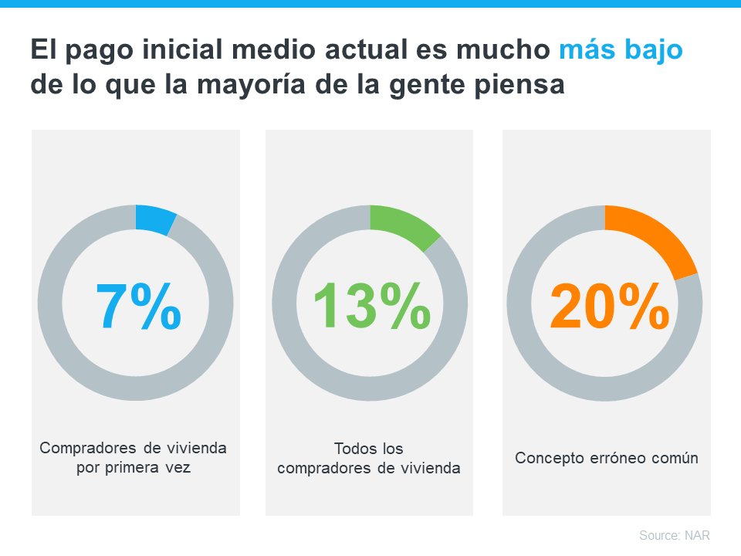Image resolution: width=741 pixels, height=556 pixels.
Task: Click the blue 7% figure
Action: pyautogui.click(x=138, y=306)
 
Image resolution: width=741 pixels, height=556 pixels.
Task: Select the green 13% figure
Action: pyautogui.click(x=371, y=306)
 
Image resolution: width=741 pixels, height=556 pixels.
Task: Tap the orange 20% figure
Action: pyautogui.click(x=609, y=306)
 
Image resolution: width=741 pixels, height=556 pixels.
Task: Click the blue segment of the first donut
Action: pyautogui.click(x=154, y=219)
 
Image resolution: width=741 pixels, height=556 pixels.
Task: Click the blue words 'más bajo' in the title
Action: pyautogui.click(x=621, y=50)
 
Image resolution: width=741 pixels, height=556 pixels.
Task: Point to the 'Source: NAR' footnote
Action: pyautogui.click(x=674, y=535)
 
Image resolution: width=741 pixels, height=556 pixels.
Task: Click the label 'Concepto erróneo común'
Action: pyautogui.click(x=606, y=458)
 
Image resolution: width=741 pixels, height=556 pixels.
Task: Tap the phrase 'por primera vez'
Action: pyautogui.click(x=133, y=468)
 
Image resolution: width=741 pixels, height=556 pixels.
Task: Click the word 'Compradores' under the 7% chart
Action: pyautogui.click(x=83, y=448)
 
